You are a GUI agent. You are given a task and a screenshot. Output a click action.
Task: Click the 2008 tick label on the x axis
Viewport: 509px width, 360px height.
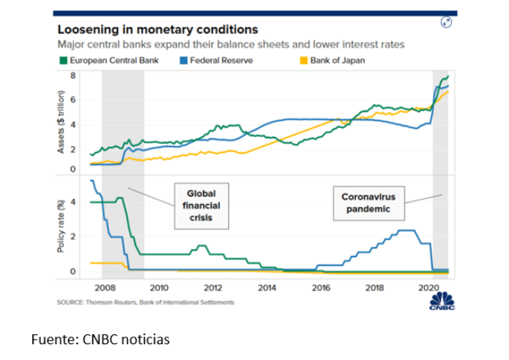tap(105, 287)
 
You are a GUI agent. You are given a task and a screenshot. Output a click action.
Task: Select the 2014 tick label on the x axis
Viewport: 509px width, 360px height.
tap(267, 287)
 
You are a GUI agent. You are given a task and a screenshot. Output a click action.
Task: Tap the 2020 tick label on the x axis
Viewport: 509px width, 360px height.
tap(429, 287)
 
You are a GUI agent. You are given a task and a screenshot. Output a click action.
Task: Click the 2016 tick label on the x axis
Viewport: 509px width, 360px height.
tap(322, 287)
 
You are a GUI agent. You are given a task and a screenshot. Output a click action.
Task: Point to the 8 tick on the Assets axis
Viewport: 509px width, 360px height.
tap(74, 76)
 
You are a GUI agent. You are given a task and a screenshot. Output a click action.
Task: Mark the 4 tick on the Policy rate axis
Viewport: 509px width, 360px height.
tap(74, 202)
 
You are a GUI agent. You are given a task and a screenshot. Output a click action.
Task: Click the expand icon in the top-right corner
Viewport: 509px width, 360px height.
tap(446, 22)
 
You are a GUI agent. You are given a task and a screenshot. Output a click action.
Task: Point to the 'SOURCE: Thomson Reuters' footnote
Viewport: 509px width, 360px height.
tap(145, 302)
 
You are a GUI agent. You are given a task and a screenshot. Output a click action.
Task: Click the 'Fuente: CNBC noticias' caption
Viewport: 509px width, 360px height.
tap(100, 340)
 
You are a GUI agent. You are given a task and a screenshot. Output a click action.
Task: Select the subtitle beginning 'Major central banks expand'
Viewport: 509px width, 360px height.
tap(232, 45)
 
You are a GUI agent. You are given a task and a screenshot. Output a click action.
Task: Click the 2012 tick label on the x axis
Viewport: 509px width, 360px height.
tap(213, 287)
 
